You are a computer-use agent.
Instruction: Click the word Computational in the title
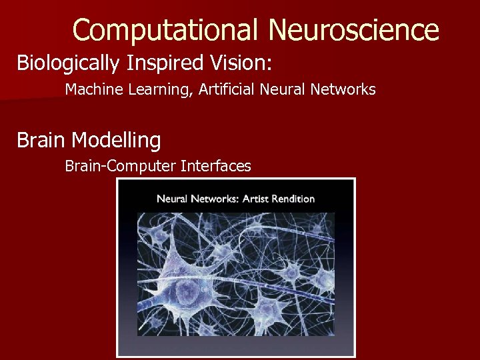point(166,30)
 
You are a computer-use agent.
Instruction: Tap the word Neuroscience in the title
point(354,30)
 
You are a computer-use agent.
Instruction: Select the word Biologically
point(67,63)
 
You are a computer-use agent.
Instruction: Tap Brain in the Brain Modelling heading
point(41,141)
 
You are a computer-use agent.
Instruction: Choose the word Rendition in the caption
point(293,198)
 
